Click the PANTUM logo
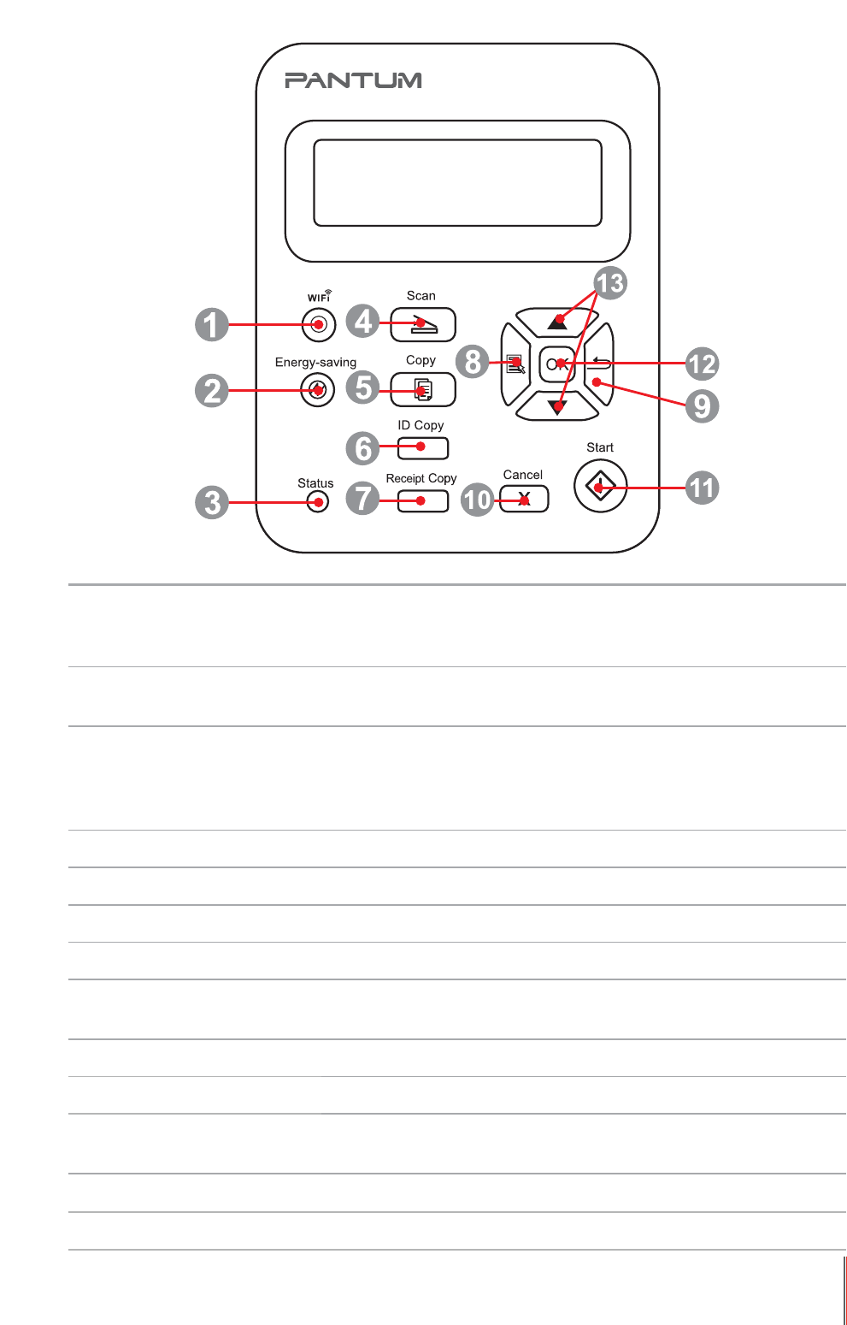tap(353, 80)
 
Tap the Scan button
tap(422, 325)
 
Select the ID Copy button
tap(422, 447)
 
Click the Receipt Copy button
tap(422, 500)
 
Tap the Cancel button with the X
tap(524, 500)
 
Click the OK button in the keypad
tap(557, 364)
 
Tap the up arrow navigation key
tap(557, 321)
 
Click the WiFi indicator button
tap(319, 325)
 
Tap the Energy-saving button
tap(318, 391)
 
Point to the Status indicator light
tap(317, 502)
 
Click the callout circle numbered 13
tap(610, 283)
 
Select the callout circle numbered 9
tap(702, 405)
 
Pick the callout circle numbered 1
tap(212, 325)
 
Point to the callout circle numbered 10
tap(477, 499)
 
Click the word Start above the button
tap(600, 447)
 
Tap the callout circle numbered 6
tap(362, 447)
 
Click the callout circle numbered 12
tap(702, 364)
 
